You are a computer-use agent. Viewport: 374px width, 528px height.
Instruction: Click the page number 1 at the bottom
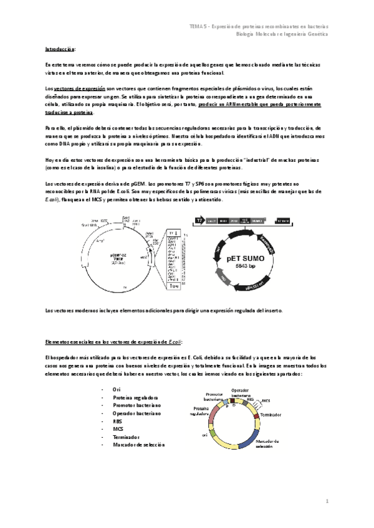tap(326, 500)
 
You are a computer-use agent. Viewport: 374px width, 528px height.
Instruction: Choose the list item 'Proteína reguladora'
tap(135, 397)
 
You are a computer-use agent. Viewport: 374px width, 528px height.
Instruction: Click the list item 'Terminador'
tap(126, 437)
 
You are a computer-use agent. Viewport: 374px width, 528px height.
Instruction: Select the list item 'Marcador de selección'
tap(138, 445)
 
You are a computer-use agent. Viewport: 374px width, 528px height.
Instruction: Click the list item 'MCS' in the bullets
tap(118, 429)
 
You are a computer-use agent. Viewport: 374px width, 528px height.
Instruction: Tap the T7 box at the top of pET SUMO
tap(199, 221)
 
